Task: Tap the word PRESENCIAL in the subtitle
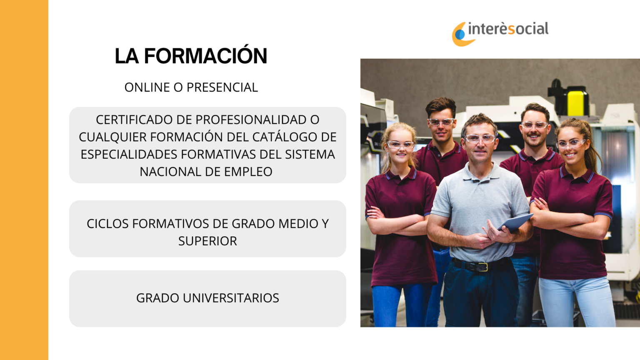pos(222,87)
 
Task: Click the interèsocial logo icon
pos(462,34)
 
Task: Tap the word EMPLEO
pos(248,172)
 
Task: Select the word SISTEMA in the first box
pos(310,154)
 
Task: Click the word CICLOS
pos(108,224)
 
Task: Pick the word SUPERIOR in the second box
pos(208,241)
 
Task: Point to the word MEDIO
pos(298,224)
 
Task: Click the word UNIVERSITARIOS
pos(231,298)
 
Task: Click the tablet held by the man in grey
pos(515,222)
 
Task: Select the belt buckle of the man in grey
pos(482,267)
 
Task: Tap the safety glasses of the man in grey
pos(480,139)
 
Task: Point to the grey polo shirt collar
pos(480,171)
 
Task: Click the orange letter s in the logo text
pos(511,30)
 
